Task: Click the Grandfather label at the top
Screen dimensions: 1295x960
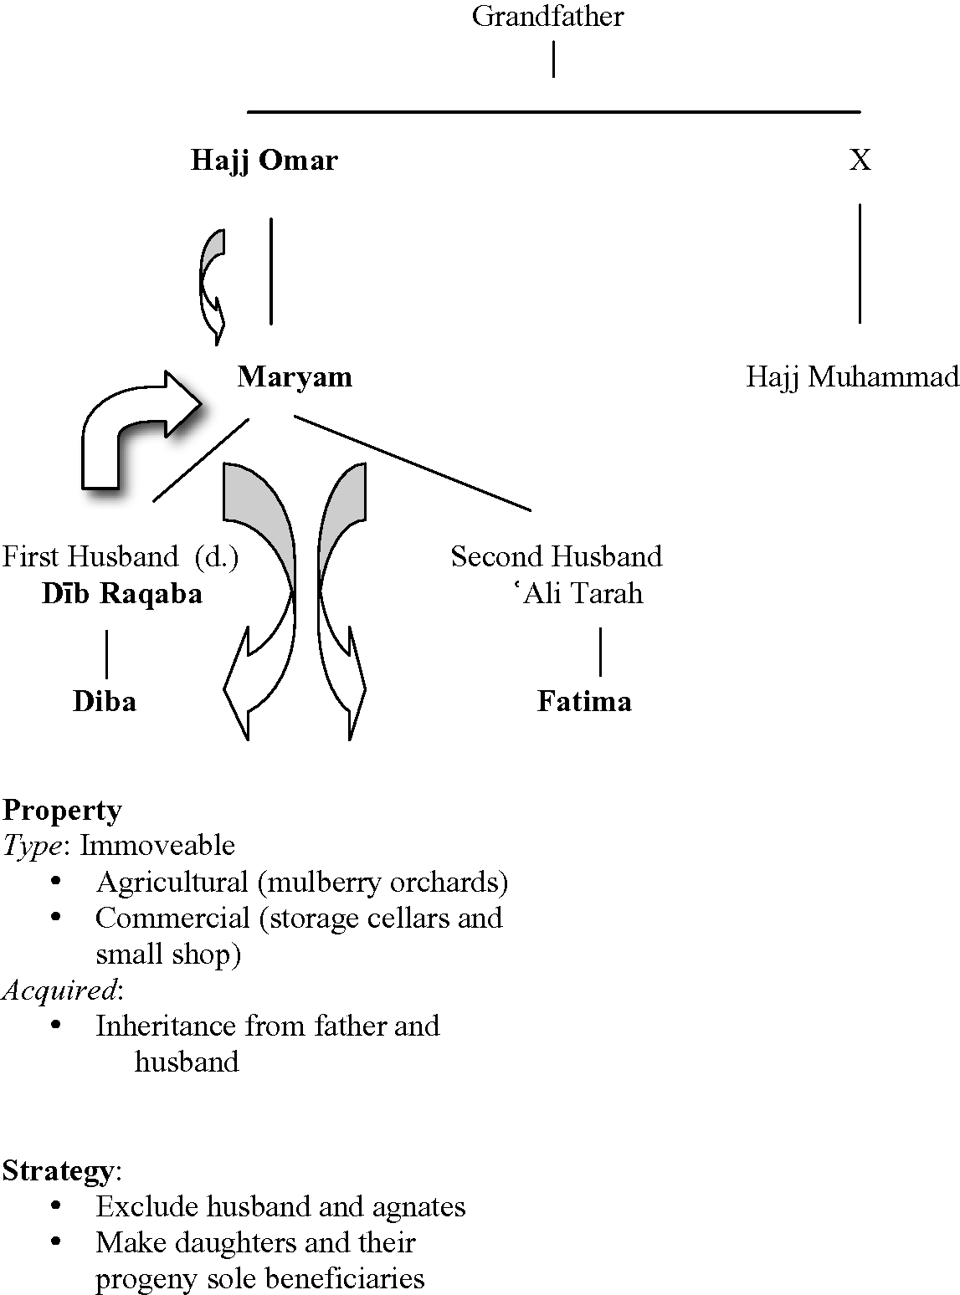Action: coord(547,17)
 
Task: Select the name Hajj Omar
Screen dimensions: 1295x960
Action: coord(264,160)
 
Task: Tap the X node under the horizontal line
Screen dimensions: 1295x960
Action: coord(860,160)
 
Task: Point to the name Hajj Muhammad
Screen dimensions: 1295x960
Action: coord(852,377)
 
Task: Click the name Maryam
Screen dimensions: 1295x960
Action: coord(295,377)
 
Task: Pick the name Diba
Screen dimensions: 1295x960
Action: coord(105,701)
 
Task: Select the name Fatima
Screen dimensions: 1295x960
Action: coord(584,701)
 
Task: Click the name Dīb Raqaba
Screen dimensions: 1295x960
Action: coord(122,594)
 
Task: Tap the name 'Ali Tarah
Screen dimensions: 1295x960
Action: coord(578,594)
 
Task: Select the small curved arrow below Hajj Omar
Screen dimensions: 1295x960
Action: coord(213,284)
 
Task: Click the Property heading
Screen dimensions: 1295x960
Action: coord(62,810)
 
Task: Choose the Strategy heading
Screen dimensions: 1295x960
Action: coord(58,1170)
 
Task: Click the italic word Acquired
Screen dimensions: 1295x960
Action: coord(59,990)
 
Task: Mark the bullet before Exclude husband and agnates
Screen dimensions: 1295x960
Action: coord(57,1205)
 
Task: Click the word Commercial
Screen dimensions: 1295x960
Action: coord(172,918)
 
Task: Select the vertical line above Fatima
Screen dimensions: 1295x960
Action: coord(600,653)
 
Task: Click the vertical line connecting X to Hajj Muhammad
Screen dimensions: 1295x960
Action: coord(860,264)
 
